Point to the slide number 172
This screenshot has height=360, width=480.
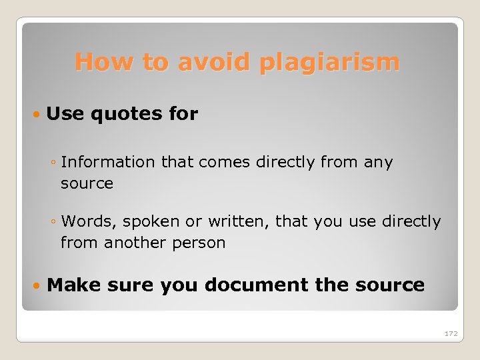tap(451, 333)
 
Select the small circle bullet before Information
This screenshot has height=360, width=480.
tap(53, 163)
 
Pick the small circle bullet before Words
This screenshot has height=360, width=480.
tap(53, 222)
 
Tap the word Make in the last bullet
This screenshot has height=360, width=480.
tap(74, 285)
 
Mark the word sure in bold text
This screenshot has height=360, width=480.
tap(129, 285)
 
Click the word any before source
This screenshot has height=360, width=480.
tap(379, 162)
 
